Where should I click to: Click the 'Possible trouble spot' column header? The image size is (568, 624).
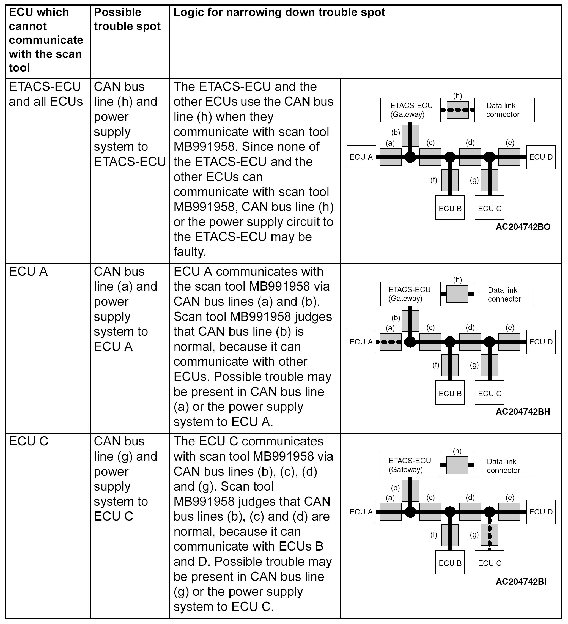tap(127, 19)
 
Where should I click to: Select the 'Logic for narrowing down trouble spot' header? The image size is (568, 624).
tap(279, 12)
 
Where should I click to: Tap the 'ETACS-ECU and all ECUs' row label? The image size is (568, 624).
tap(45, 94)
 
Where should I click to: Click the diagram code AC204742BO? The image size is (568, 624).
tap(523, 227)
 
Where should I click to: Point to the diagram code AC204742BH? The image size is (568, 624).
tap(523, 412)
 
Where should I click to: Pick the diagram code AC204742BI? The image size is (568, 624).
tap(521, 582)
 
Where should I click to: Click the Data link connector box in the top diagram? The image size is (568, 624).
tap(504, 110)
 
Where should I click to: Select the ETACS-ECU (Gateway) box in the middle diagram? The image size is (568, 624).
tap(410, 294)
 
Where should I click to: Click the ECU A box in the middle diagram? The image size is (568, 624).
tap(361, 342)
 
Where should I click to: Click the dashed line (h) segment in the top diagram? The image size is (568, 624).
tap(457, 110)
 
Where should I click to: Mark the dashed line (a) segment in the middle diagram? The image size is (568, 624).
tap(390, 342)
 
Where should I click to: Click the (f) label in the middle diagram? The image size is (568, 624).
tap(436, 365)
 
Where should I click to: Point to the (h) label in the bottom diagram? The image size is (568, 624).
tap(457, 451)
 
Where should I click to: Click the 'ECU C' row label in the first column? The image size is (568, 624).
tap(28, 441)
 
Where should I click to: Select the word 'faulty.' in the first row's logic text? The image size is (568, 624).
tap(189, 252)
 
